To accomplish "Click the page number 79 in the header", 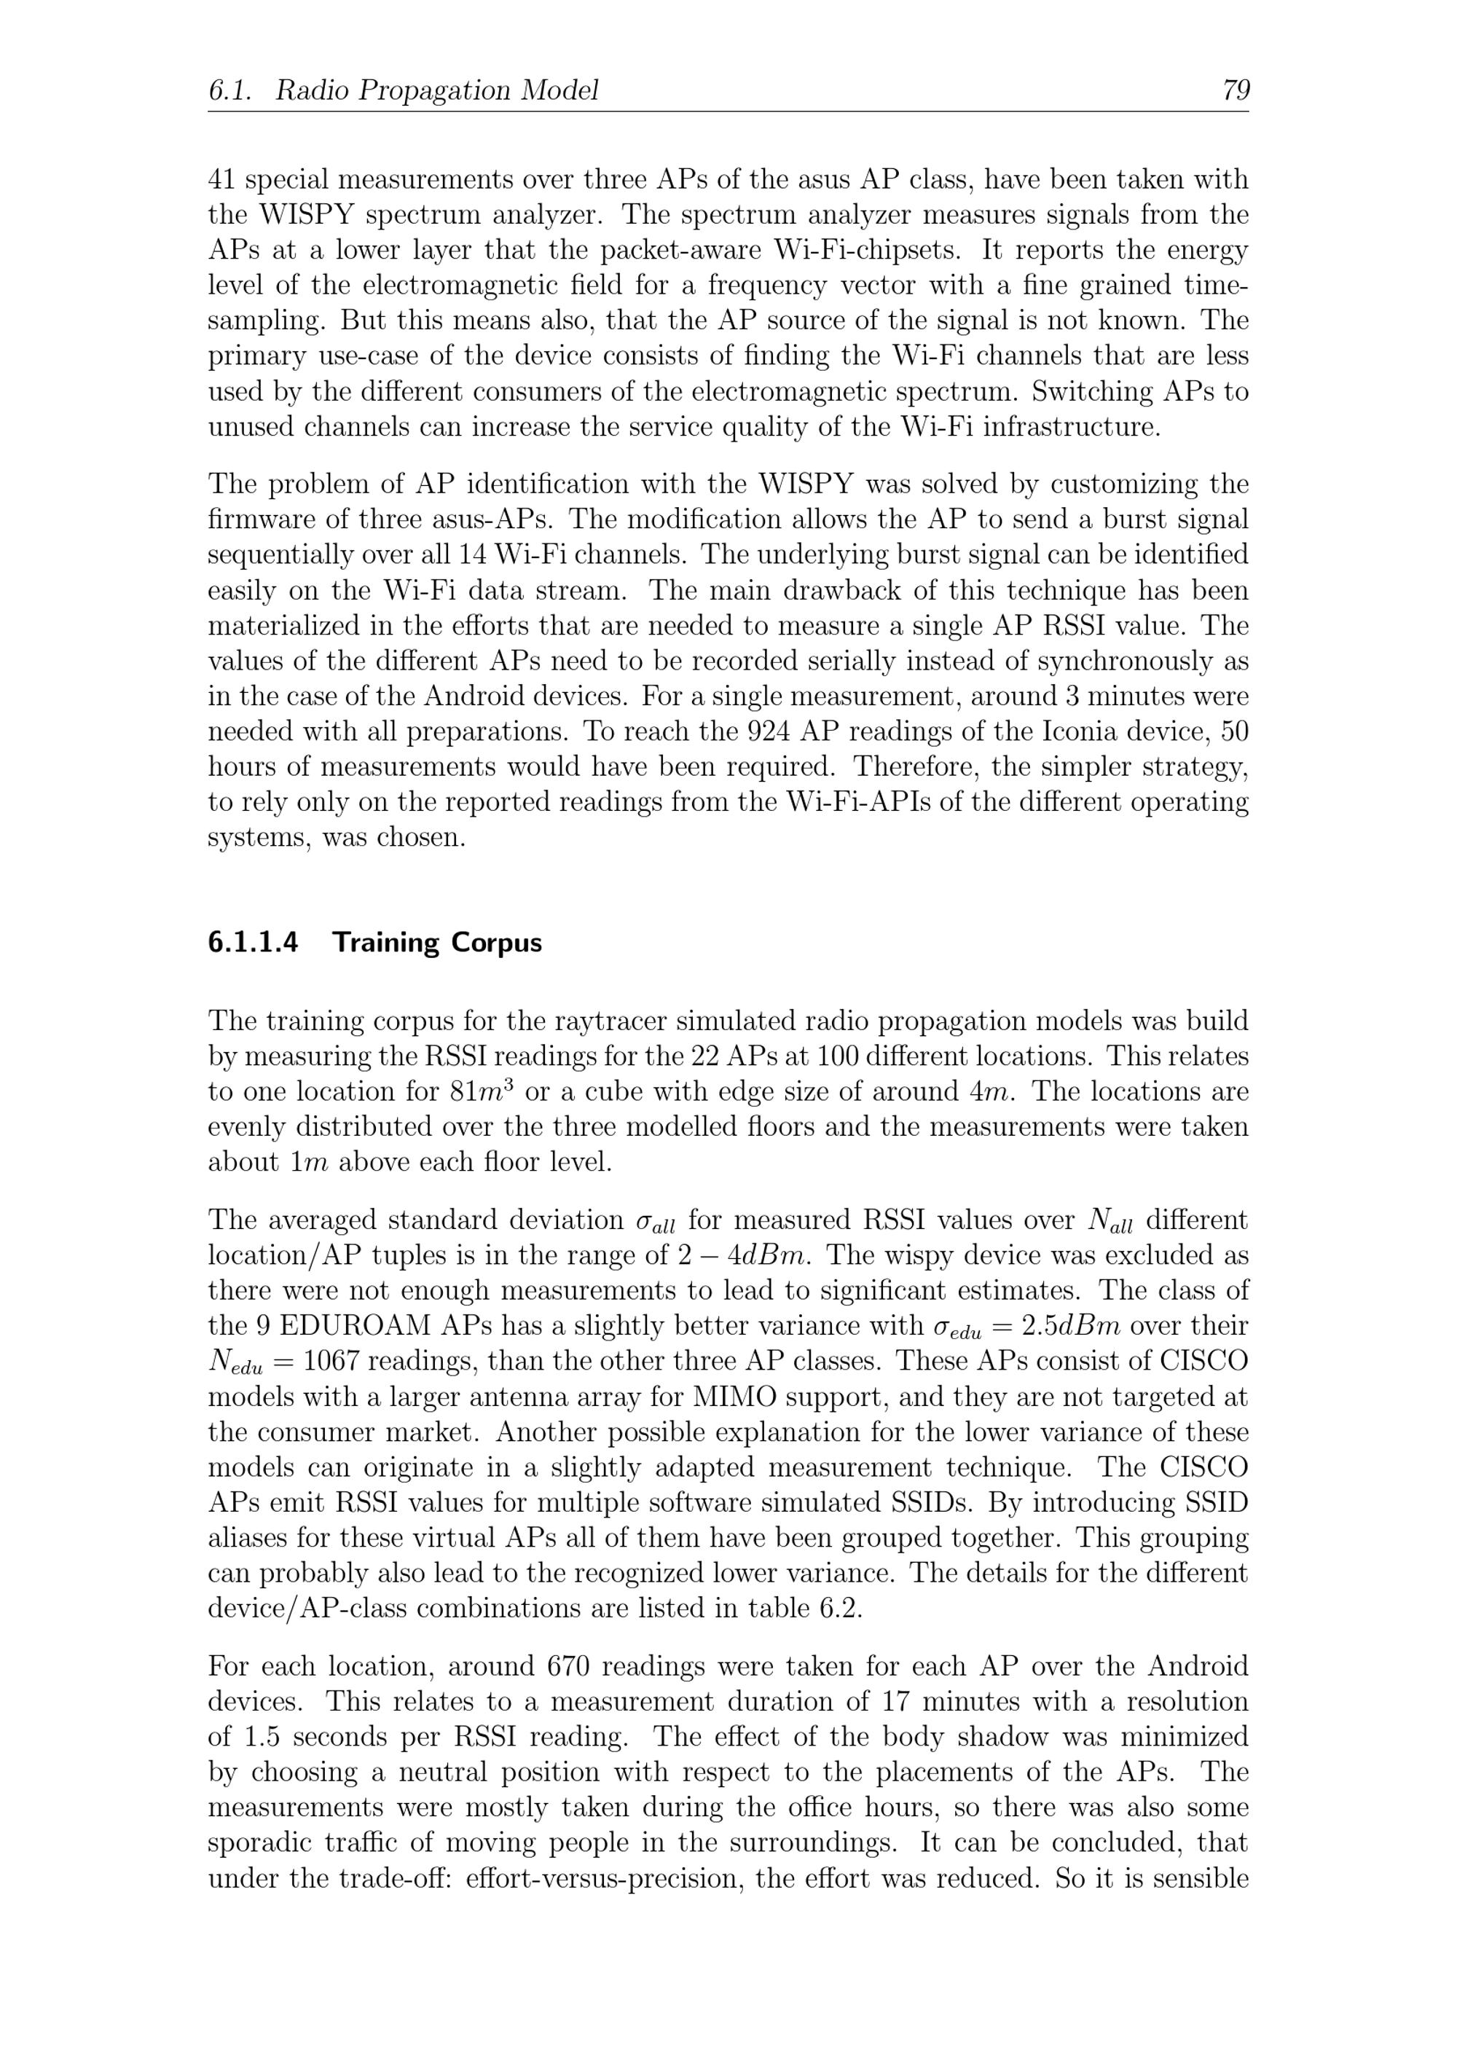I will pos(1236,90).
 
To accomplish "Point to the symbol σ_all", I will pos(656,1222).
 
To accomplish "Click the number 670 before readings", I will pos(568,1667).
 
